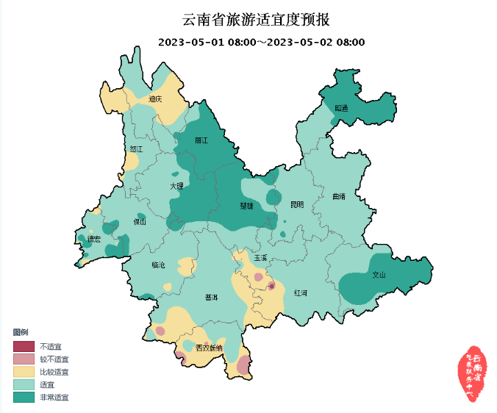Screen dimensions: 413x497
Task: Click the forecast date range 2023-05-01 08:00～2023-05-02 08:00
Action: coord(262,42)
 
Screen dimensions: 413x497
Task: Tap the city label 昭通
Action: coord(341,107)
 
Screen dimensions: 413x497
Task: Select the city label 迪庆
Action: coord(155,98)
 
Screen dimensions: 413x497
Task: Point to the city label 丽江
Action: coord(201,140)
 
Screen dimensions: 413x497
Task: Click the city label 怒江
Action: coord(135,149)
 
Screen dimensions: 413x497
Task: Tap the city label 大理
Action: coord(176,187)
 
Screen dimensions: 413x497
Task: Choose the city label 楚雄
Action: coord(246,206)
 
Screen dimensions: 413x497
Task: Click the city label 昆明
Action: coord(296,204)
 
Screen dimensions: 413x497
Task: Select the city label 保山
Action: coord(140,221)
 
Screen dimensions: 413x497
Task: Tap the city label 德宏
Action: coord(93,239)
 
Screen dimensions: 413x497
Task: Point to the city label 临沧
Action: coord(159,265)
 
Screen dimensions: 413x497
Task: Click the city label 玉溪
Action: coord(261,258)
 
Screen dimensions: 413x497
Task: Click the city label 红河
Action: coord(301,292)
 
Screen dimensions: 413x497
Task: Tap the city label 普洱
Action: coord(212,298)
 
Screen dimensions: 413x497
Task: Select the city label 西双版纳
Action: coord(208,348)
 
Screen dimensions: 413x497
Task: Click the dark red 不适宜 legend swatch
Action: coord(24,346)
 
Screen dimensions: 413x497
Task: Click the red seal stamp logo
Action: coord(473,372)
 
